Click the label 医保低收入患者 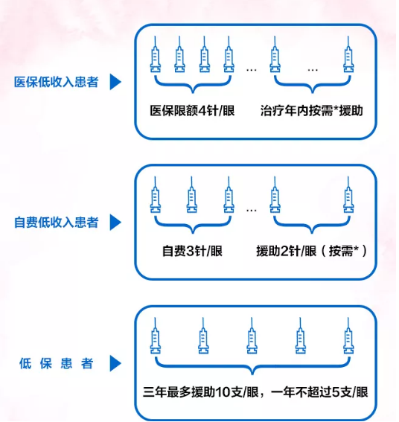pyautogui.click(x=57, y=82)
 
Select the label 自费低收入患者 pyautogui.click(x=57, y=223)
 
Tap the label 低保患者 pyautogui.click(x=57, y=363)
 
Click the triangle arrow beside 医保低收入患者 pyautogui.click(x=115, y=82)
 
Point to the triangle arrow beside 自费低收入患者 pyautogui.click(x=115, y=223)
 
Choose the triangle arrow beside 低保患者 pyautogui.click(x=115, y=363)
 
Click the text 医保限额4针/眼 pyautogui.click(x=192, y=111)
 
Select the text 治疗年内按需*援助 pyautogui.click(x=312, y=111)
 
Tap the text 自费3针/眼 pyautogui.click(x=192, y=251)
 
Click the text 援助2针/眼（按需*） pyautogui.click(x=312, y=251)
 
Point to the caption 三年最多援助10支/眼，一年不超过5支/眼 pyautogui.click(x=255, y=392)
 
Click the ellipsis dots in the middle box pyautogui.click(x=252, y=210)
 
